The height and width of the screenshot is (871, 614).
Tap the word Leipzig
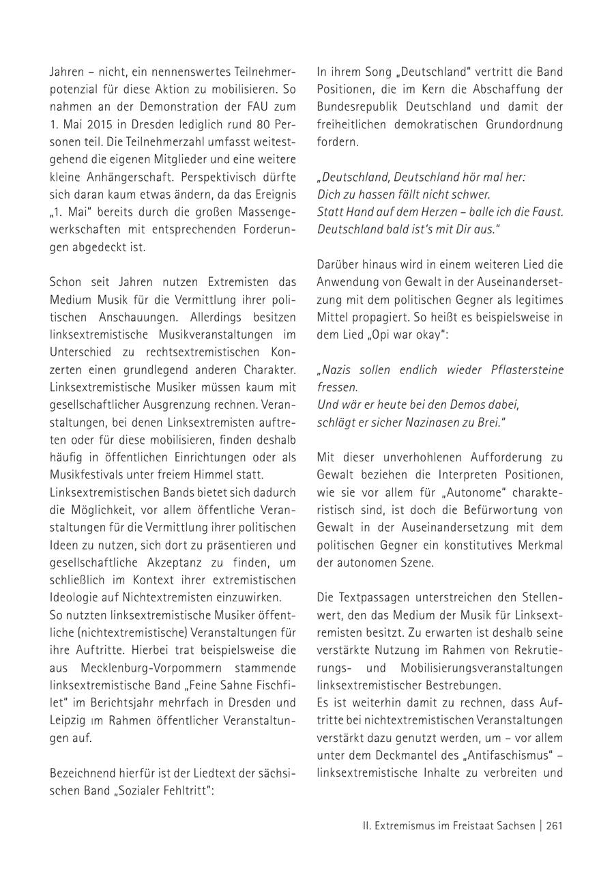coord(67,719)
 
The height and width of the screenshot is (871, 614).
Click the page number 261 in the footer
coord(555,825)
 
